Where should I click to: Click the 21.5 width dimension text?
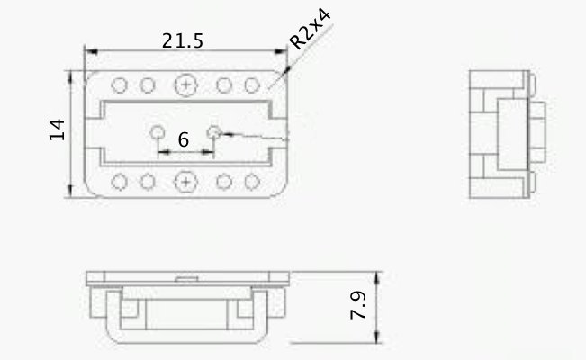pyautogui.click(x=183, y=41)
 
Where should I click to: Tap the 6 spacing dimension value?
pyautogui.click(x=184, y=140)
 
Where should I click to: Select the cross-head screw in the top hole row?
pyautogui.click(x=185, y=85)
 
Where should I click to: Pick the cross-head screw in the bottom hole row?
pyautogui.click(x=185, y=182)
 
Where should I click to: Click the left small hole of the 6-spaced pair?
pyautogui.click(x=158, y=132)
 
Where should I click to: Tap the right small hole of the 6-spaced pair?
pyautogui.click(x=213, y=132)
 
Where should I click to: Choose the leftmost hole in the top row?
pyautogui.click(x=119, y=85)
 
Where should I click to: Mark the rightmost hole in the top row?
pyautogui.click(x=252, y=85)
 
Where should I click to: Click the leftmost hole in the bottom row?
pyautogui.click(x=119, y=182)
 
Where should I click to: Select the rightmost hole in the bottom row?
pyautogui.click(x=252, y=182)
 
